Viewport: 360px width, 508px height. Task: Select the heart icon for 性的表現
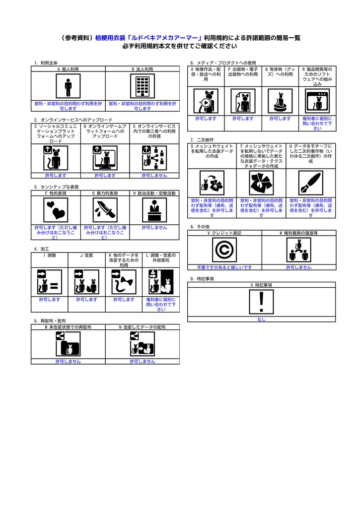pos(56,210)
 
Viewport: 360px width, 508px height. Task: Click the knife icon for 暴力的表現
pos(105,210)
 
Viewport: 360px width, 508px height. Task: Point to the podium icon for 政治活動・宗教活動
pos(154,210)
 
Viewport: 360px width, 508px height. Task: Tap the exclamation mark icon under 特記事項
pos(261,302)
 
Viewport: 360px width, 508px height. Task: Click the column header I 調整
pos(50,255)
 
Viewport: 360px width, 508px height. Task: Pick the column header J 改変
pos(87,255)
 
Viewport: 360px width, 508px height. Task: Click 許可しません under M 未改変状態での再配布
pos(68,362)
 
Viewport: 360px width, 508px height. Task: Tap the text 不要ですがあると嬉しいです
pos(224,267)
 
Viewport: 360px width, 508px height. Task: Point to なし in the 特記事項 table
pos(261,319)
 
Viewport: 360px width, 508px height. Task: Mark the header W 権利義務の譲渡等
pos(298,233)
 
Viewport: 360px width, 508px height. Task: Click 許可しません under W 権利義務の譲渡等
pos(298,267)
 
